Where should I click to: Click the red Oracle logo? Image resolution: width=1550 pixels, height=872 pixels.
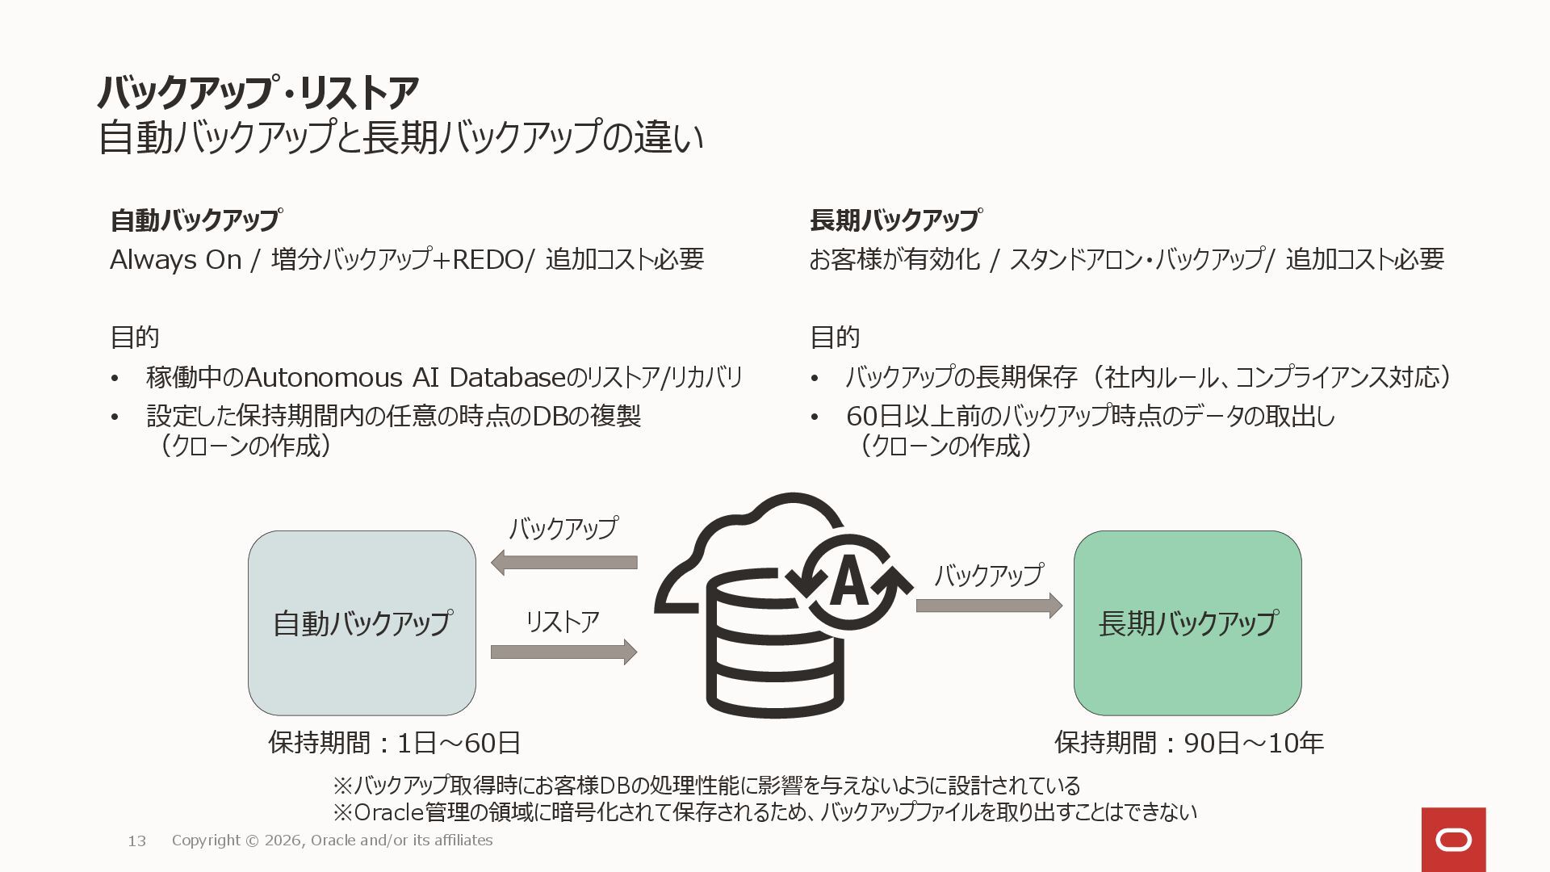pos(1453,840)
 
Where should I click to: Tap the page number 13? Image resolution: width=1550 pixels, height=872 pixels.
pos(137,841)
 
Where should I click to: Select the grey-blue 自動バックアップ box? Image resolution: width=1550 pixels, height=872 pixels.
pos(362,623)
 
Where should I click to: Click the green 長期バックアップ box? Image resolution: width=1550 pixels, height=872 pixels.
pos(1187,623)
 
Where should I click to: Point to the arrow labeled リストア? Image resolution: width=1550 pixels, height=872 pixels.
pos(563,652)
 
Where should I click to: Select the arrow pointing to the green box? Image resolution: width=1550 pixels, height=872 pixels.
pos(988,605)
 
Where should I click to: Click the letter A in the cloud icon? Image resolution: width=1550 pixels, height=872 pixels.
pos(848,583)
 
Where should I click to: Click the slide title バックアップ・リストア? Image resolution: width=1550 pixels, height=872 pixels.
pos(258,92)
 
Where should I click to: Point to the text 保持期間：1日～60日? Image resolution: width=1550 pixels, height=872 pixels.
pos(394,743)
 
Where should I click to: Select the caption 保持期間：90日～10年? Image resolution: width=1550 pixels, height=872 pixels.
pos(1188,743)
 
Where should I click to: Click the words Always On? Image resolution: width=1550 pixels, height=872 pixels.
pos(175,260)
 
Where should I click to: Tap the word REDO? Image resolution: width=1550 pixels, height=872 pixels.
pos(488,260)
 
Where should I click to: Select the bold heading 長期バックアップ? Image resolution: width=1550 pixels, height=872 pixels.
pos(894,220)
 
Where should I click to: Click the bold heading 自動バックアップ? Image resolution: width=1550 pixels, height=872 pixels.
pos(195,220)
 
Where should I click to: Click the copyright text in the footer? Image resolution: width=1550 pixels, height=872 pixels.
pos(332,841)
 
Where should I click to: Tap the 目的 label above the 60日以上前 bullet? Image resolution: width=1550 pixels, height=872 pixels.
pos(834,337)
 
